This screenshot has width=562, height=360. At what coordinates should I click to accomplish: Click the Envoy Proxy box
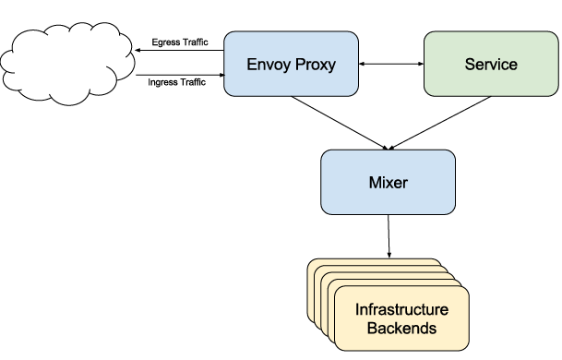291,64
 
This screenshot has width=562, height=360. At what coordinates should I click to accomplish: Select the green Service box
491,64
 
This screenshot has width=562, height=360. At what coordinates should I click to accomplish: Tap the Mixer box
389,182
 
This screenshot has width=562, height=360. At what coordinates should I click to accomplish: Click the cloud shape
67,64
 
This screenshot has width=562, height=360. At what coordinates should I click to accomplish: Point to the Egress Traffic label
180,42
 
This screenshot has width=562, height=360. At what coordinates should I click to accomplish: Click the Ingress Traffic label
176,82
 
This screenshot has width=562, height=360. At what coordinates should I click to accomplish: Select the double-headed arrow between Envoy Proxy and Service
391,64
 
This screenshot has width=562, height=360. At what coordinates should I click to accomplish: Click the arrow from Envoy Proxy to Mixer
340,123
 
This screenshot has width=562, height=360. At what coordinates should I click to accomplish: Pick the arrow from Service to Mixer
439,123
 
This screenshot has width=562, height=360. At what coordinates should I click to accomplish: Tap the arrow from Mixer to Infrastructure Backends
389,236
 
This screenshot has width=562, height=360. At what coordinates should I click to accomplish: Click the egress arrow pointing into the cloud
179,50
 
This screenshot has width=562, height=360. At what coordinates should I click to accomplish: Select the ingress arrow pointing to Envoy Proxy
180,75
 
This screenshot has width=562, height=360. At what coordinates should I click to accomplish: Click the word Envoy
269,65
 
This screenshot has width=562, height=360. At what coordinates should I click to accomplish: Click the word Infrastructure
401,309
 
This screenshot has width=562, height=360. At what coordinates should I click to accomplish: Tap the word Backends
401,328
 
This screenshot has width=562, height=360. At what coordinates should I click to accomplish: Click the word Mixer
389,183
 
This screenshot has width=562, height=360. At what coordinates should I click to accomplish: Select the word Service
491,65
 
